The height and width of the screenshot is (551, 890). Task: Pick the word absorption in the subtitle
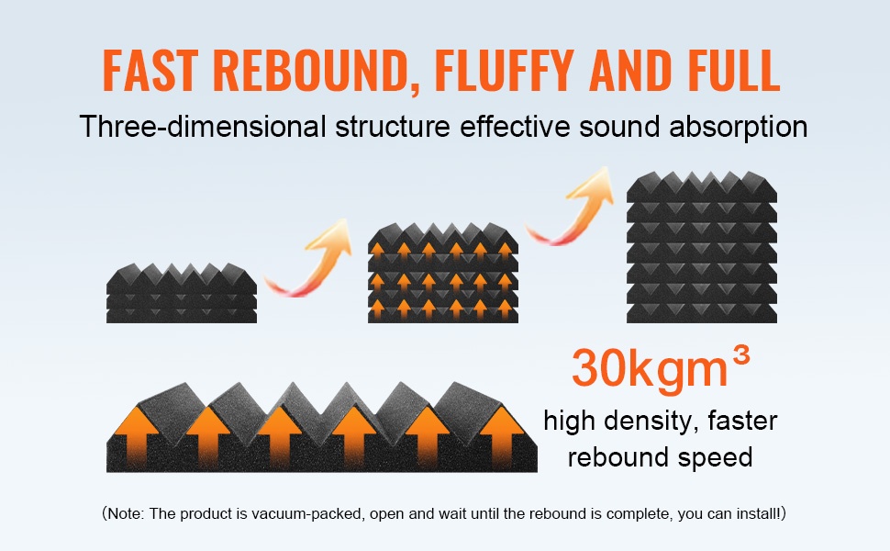pos(733,126)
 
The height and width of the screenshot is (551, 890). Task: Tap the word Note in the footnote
pos(129,513)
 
